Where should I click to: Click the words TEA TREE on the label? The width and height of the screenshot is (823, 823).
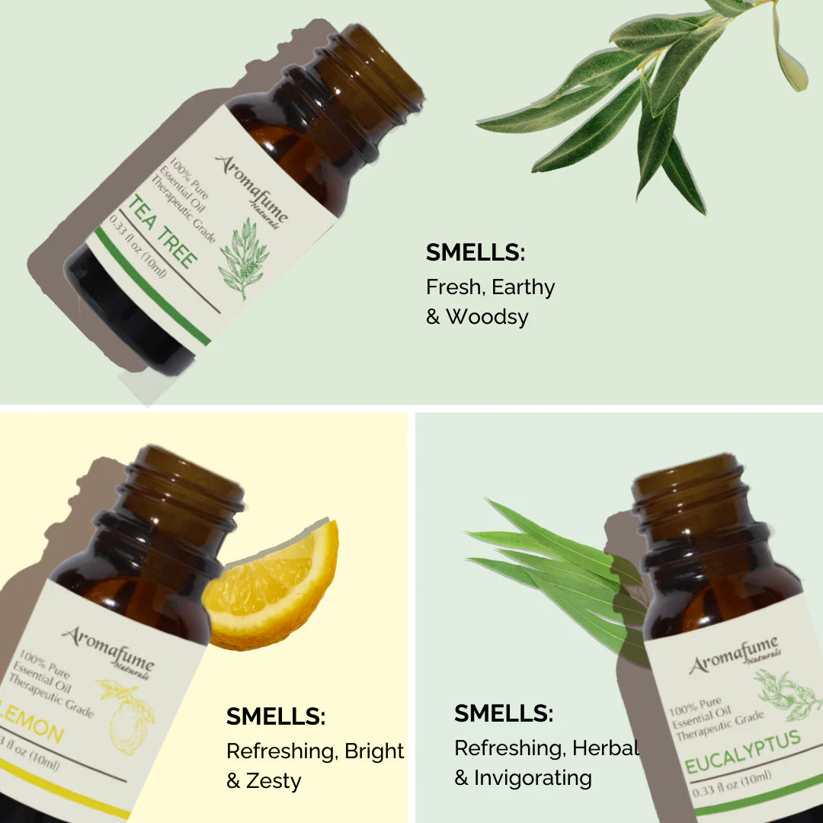coord(162,232)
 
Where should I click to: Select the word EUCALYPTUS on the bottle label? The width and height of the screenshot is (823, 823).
coord(743,751)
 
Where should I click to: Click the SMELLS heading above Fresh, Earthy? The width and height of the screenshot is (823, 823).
coord(476,252)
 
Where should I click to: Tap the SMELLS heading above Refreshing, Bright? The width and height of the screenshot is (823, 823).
coord(276,716)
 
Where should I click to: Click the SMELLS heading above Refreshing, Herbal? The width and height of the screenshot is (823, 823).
coord(504,713)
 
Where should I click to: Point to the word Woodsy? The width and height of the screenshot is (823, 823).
coord(487,317)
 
